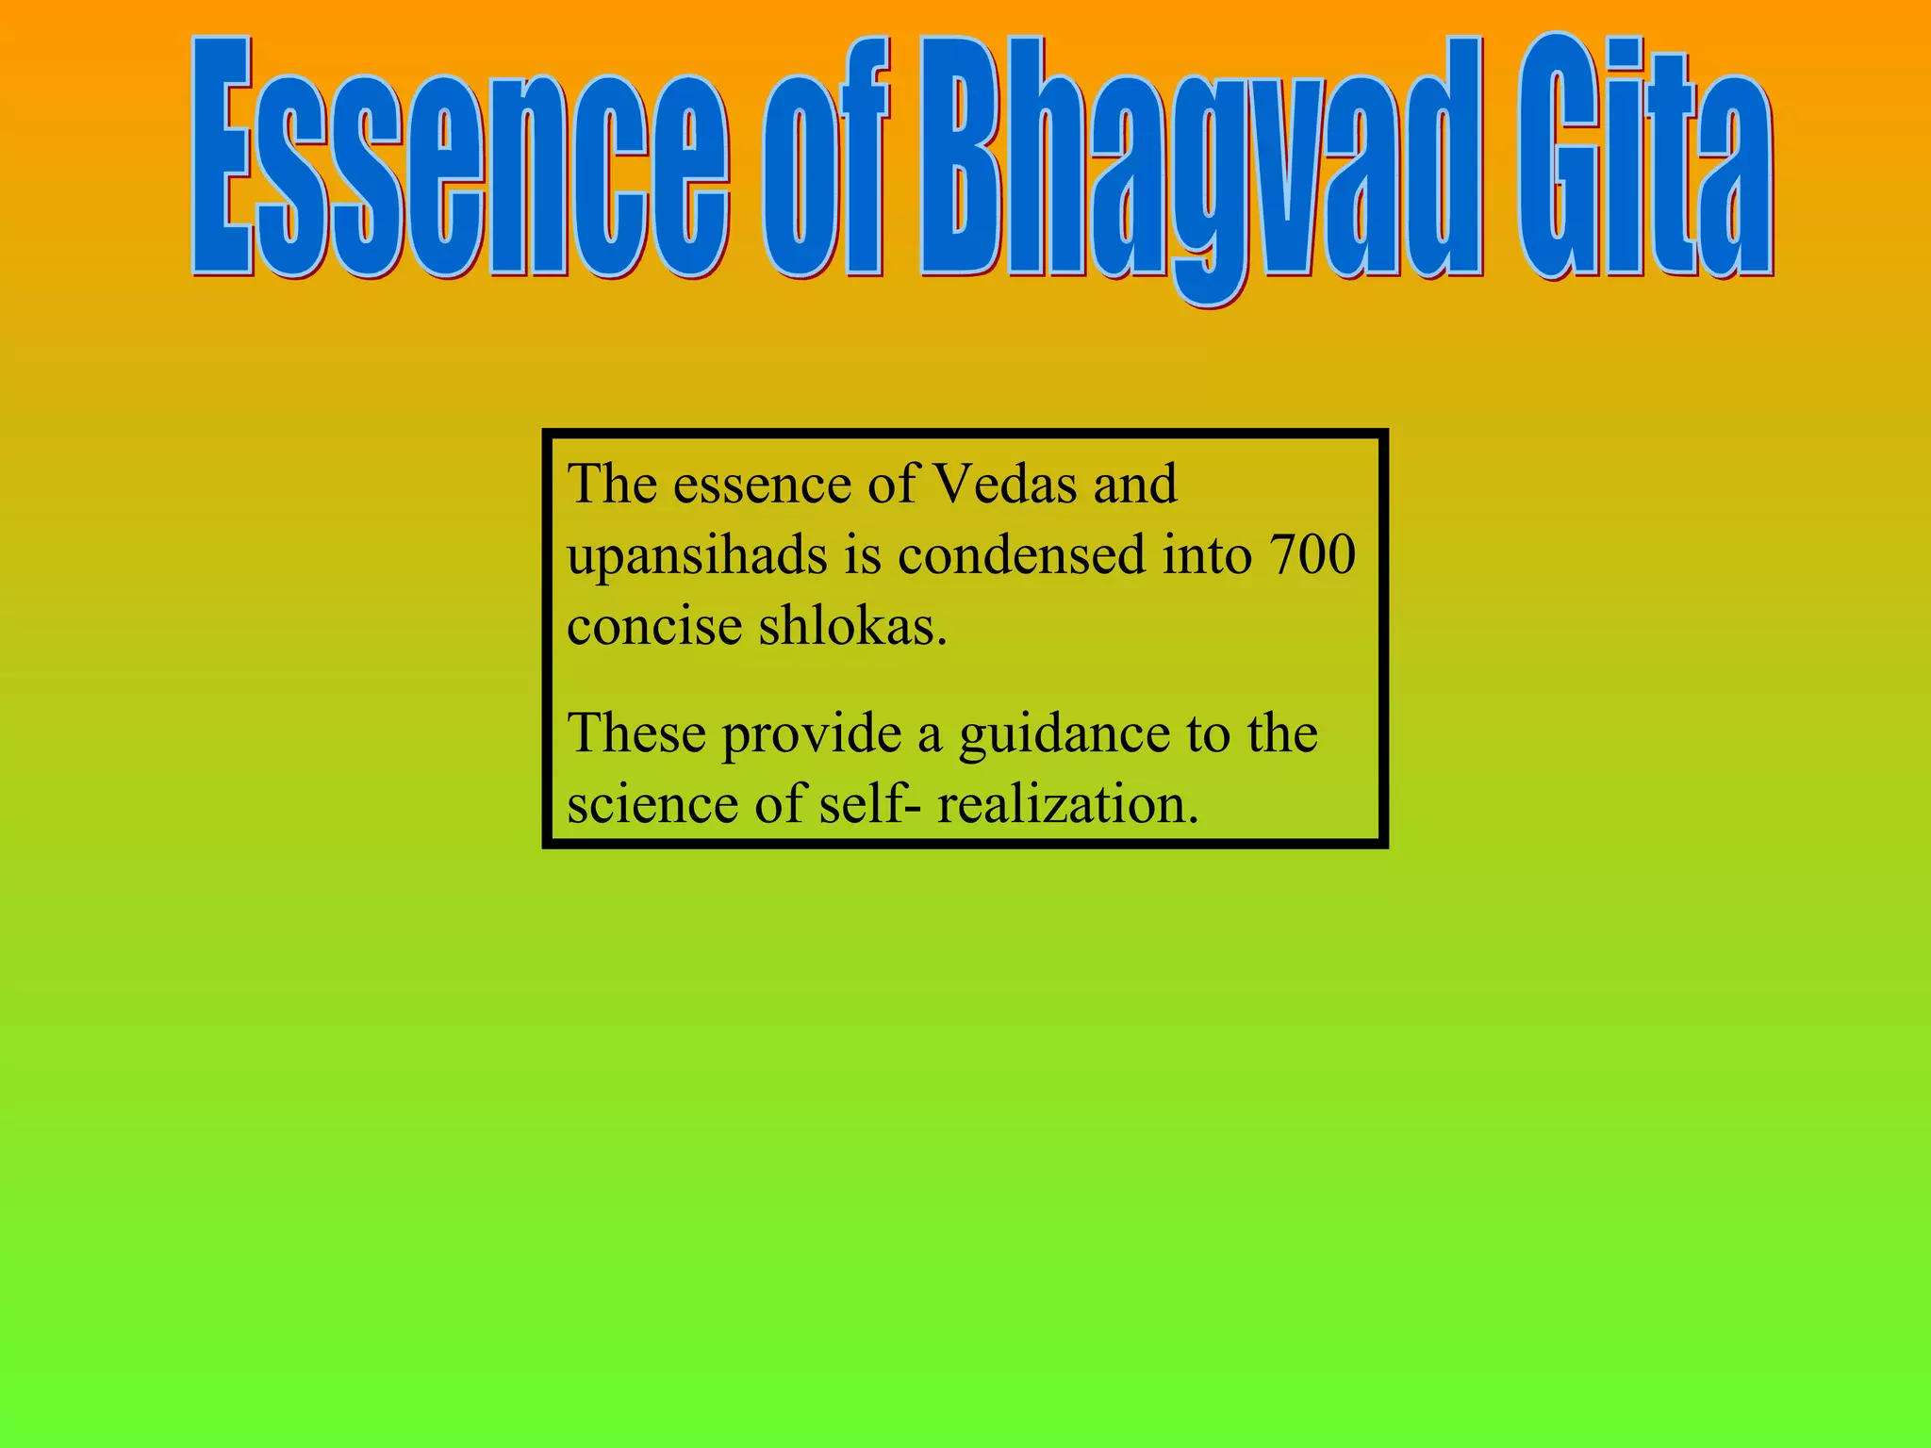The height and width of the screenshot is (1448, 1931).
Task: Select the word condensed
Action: [x=1022, y=554]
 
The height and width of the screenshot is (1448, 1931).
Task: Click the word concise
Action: [x=654, y=626]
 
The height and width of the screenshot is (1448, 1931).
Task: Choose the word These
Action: [x=636, y=732]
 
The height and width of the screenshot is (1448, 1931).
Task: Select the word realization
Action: [x=1067, y=805]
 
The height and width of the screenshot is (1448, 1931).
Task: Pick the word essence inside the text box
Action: [x=763, y=485]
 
